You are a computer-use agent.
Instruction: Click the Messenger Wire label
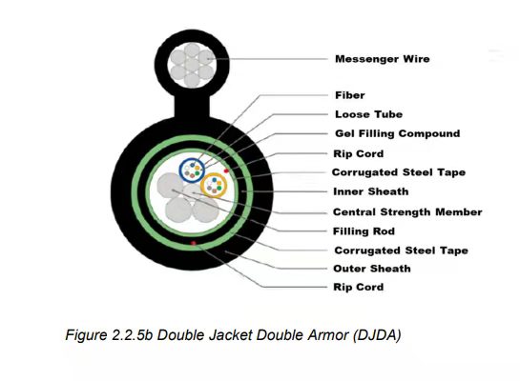pyautogui.click(x=383, y=59)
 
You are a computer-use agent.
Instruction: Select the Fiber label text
pyautogui.click(x=350, y=95)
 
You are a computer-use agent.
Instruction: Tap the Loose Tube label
pyautogui.click(x=369, y=114)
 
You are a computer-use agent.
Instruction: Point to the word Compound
pyautogui.click(x=429, y=133)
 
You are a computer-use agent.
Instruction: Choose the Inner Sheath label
pyautogui.click(x=371, y=191)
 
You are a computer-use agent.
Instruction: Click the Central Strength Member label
pyautogui.click(x=407, y=211)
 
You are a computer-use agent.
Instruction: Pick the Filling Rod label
pyautogui.click(x=364, y=231)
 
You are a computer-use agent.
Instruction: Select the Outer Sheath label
pyautogui.click(x=372, y=269)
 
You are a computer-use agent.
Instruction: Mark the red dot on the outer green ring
pyautogui.click(x=194, y=243)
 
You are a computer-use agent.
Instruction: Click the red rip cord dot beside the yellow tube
pyautogui.click(x=226, y=170)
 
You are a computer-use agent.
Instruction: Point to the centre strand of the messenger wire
pyautogui.click(x=192, y=65)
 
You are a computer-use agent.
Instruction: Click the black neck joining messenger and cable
pyautogui.click(x=192, y=106)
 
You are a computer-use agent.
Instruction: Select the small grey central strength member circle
pyautogui.click(x=192, y=191)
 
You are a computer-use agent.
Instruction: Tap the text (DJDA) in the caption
pyautogui.click(x=377, y=335)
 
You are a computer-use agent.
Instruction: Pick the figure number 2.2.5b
pyautogui.click(x=132, y=335)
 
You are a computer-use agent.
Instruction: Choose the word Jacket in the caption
pyautogui.click(x=230, y=335)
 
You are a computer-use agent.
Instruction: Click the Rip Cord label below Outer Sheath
pyautogui.click(x=358, y=287)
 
